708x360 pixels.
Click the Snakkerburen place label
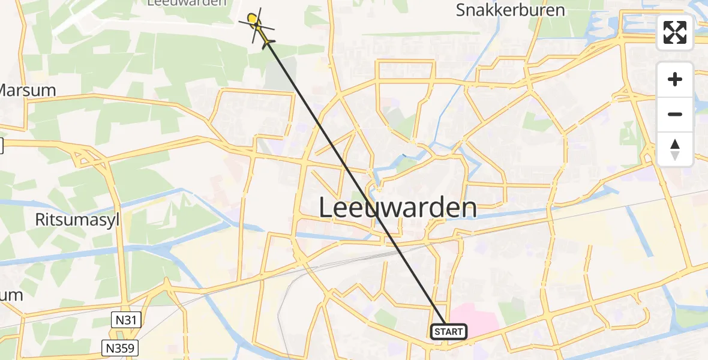point(510,10)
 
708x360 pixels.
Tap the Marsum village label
point(26,91)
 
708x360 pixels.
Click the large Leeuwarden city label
point(397,208)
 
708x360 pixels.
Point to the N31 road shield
point(126,320)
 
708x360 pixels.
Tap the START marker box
point(448,332)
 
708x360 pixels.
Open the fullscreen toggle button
point(675,32)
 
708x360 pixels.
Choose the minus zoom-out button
point(675,114)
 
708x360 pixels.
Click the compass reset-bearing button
point(675,149)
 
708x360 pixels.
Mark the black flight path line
point(354,180)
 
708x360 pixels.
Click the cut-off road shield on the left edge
point(1,145)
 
